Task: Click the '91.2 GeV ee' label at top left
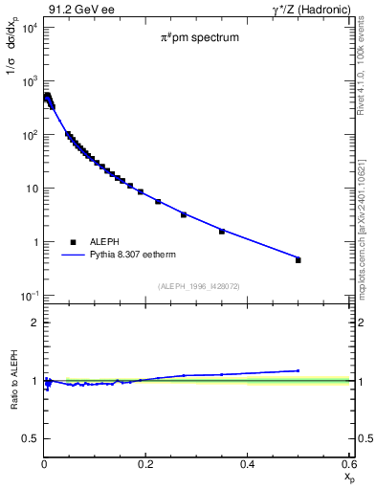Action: (77, 10)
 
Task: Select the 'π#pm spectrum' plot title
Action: (199, 38)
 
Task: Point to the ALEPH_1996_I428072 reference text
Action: (197, 285)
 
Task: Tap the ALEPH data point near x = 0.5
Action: (298, 260)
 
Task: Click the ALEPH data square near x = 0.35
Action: (222, 232)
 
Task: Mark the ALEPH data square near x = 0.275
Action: (184, 214)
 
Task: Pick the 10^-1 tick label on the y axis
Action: (28, 296)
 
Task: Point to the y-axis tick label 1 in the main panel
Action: (34, 242)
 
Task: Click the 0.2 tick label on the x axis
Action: (145, 463)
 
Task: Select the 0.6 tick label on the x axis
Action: (348, 463)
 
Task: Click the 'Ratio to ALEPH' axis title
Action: (12, 381)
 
